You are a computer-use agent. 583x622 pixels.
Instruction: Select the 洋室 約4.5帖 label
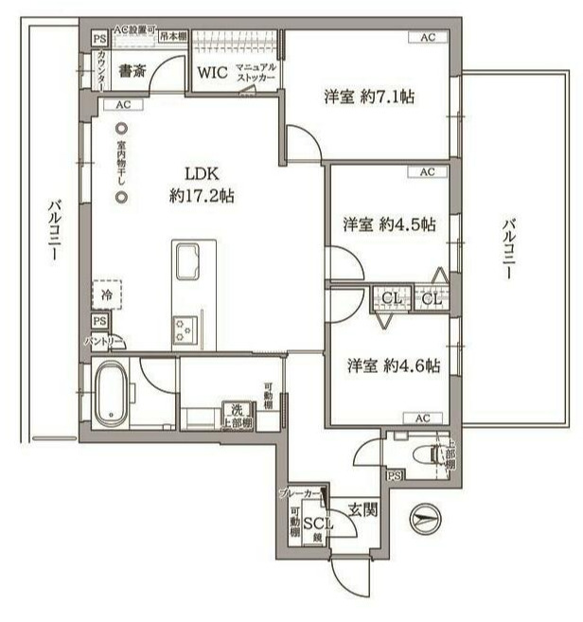[389, 225]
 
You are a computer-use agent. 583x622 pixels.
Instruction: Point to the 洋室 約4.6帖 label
[392, 366]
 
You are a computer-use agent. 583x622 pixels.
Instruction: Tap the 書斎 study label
[131, 70]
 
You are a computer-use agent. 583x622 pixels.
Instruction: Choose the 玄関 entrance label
[362, 510]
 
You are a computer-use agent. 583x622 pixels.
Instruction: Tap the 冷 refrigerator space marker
[107, 295]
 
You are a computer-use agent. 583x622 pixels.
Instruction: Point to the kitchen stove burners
[183, 328]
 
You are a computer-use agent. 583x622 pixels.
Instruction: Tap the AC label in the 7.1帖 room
[428, 37]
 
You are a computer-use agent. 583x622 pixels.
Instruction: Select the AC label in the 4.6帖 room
[422, 418]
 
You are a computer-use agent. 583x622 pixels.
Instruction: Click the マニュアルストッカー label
[255, 74]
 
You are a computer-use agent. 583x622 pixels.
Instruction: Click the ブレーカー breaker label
[299, 494]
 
